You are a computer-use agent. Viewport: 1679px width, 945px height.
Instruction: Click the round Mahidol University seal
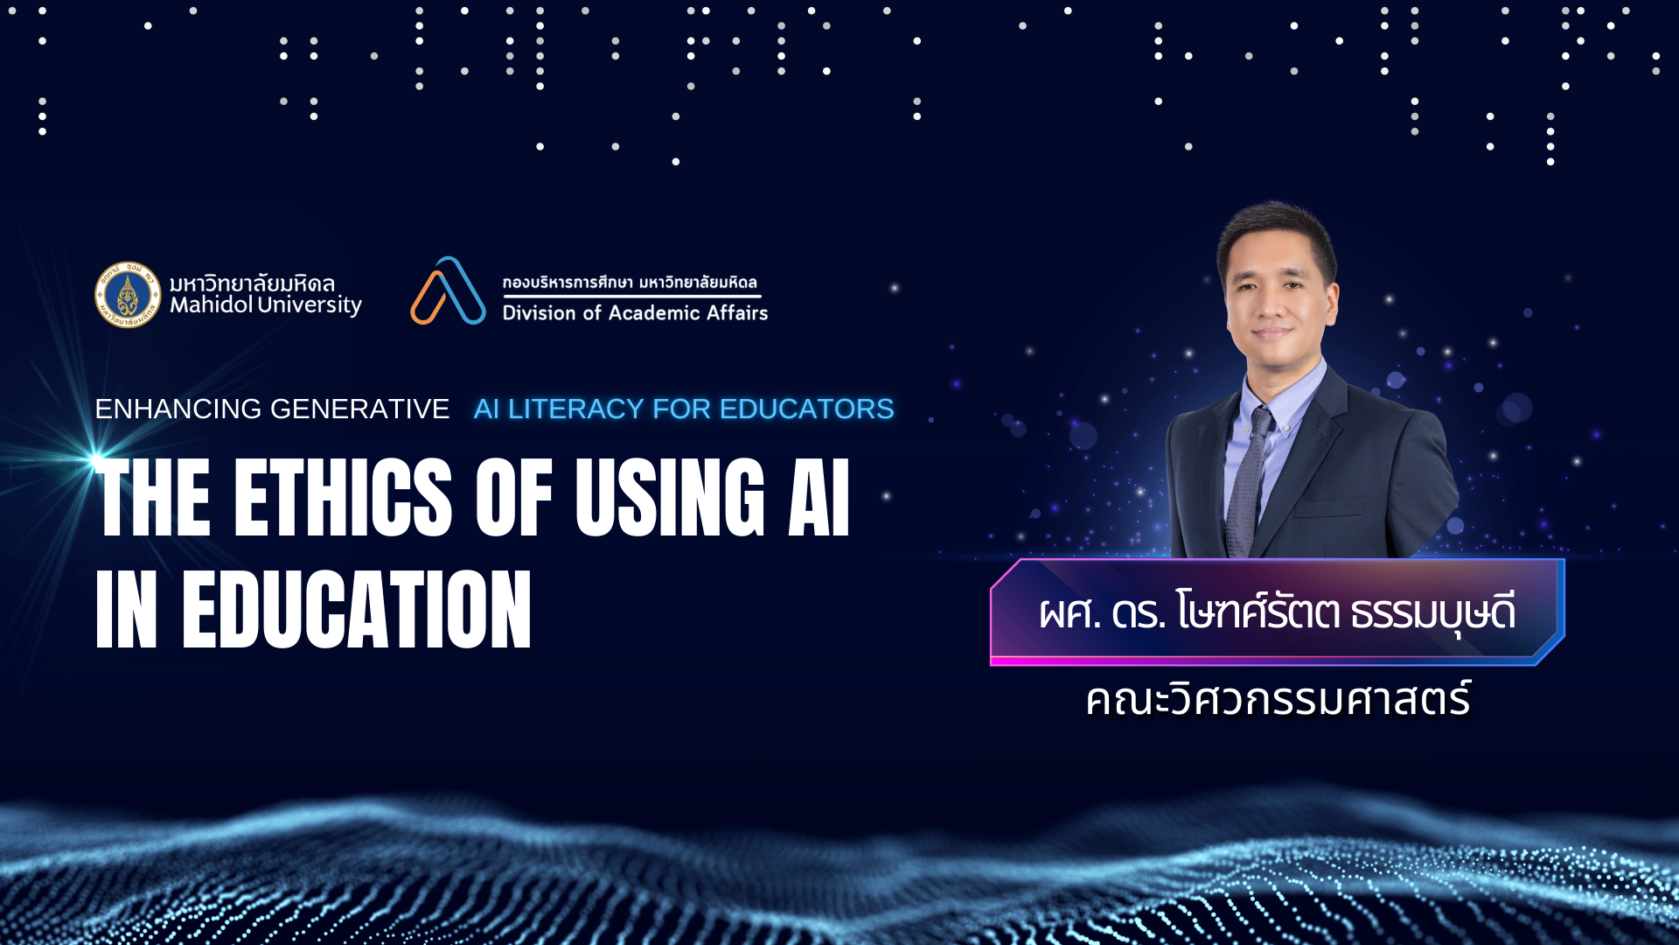click(x=128, y=295)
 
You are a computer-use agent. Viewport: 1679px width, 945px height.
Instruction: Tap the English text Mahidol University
click(x=266, y=305)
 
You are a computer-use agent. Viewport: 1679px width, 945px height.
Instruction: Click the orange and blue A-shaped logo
click(x=448, y=290)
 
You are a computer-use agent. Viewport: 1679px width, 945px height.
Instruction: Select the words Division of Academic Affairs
click(x=635, y=312)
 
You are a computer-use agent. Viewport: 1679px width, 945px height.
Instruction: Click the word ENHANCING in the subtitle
click(x=178, y=409)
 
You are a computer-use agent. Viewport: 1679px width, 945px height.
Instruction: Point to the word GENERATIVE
click(x=359, y=409)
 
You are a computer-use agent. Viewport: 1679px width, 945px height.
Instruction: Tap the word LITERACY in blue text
click(x=576, y=409)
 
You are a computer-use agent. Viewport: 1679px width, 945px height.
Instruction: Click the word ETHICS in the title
click(x=343, y=497)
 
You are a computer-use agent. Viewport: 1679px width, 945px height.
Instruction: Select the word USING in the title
click(x=670, y=497)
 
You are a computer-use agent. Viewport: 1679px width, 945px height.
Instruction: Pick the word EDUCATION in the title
click(x=357, y=609)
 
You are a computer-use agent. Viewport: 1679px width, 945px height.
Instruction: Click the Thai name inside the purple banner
click(x=1277, y=612)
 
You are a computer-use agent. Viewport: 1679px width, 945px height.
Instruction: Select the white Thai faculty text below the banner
click(x=1278, y=700)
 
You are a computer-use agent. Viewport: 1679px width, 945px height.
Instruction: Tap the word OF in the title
click(x=514, y=497)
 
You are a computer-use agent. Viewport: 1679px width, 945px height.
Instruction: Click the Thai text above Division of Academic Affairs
click(x=630, y=282)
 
